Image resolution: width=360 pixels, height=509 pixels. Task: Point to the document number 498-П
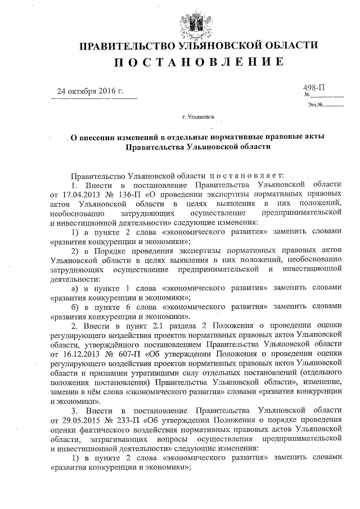(315, 88)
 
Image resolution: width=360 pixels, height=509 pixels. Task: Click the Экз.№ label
(315, 105)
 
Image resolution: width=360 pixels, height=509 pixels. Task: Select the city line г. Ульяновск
(197, 118)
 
